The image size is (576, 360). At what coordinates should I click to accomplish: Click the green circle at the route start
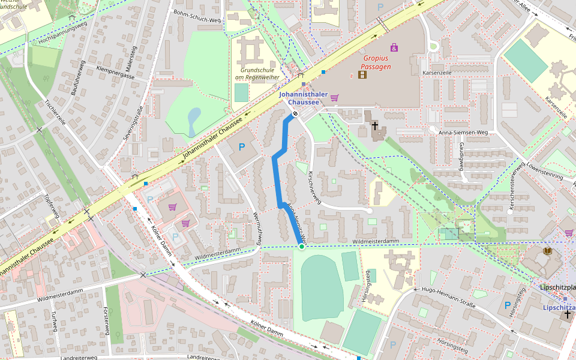302,246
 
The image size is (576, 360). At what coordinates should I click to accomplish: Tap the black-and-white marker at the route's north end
295,115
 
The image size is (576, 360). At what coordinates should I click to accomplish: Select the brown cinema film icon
362,75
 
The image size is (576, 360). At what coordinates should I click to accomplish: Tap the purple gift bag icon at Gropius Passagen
394,47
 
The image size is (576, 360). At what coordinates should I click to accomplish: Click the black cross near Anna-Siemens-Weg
375,126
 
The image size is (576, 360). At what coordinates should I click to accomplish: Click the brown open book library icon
547,251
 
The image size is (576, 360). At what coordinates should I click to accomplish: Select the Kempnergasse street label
115,73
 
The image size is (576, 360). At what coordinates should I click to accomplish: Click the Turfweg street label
55,321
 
